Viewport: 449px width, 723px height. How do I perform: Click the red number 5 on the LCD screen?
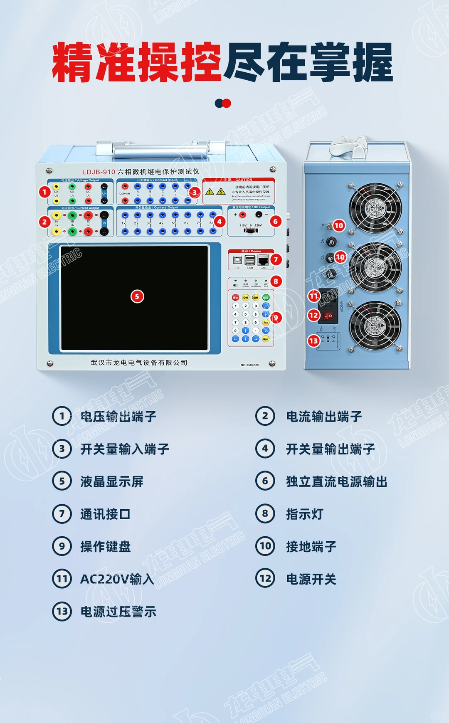point(137,296)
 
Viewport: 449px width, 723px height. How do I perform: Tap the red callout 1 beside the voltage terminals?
point(44,192)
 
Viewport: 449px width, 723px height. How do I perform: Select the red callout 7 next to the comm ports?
point(275,259)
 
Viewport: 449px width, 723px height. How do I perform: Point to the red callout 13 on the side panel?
point(313,341)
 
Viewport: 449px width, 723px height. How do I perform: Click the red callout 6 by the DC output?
point(275,221)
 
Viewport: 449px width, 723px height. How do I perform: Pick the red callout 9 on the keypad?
point(275,318)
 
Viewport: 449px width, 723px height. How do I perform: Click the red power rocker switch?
point(328,316)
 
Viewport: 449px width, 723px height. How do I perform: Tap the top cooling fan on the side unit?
point(375,207)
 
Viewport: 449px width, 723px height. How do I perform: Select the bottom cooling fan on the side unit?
point(375,325)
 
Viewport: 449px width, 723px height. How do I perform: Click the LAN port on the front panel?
point(263,261)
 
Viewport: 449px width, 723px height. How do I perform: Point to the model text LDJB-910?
point(99,172)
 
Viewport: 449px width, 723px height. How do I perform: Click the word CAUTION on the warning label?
point(244,180)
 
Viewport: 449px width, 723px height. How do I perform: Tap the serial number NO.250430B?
point(250,365)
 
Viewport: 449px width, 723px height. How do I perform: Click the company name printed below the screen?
point(139,363)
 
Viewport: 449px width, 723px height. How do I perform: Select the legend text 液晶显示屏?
point(112,481)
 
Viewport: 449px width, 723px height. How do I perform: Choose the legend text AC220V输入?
point(117,579)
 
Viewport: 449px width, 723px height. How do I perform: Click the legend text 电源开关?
point(311,579)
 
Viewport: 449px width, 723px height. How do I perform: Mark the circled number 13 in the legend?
point(62,612)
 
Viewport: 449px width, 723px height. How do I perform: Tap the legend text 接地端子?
point(311,546)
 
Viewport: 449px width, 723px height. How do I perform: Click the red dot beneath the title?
point(227,103)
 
